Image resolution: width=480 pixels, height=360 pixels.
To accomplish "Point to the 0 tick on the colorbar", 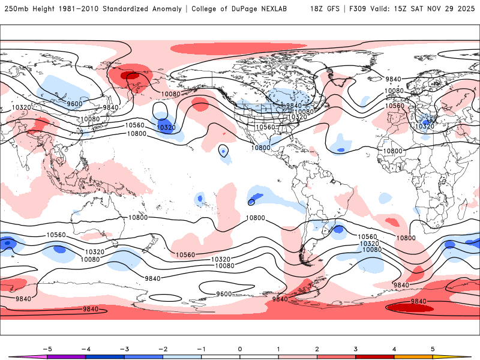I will click(240, 349).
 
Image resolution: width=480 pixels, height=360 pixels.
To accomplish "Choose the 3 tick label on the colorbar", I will click(356, 349).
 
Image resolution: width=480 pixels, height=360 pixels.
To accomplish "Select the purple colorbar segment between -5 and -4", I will click(66, 356).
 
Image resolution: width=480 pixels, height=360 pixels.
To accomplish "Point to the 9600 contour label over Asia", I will click(74, 104).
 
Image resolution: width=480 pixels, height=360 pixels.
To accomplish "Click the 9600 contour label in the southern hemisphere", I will click(224, 294).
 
